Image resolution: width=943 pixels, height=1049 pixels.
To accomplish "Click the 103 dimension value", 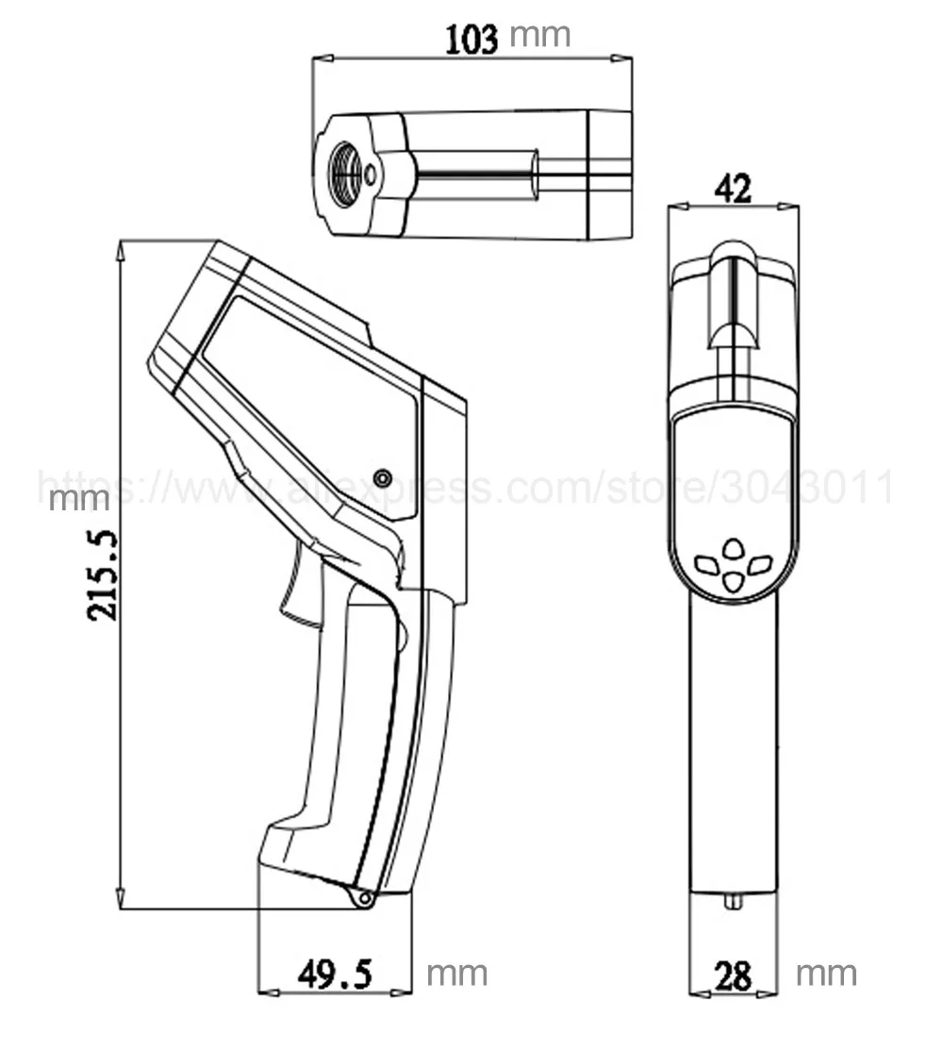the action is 471,40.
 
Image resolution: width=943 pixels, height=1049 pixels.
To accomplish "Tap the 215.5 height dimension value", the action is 103,575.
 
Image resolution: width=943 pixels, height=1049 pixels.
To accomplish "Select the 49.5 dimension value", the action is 335,974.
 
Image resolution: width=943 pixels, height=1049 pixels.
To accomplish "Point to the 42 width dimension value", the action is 733,189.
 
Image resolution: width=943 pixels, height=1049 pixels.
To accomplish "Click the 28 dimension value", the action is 733,976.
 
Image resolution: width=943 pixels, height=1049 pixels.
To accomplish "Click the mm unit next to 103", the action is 539,36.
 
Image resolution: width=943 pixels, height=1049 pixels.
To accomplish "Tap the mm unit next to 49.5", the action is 456,974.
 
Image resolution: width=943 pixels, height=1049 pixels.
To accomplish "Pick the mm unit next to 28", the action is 826,974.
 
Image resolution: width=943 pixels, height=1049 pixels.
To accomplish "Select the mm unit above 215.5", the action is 79,500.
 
